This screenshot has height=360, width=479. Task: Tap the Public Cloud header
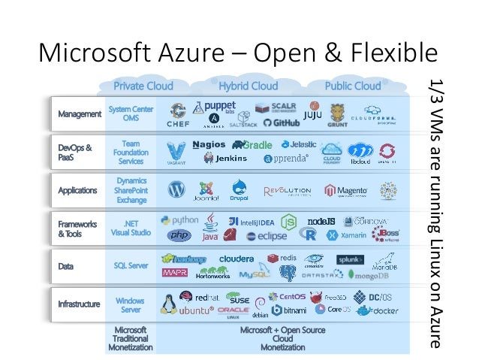353,86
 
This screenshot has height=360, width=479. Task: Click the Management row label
80,114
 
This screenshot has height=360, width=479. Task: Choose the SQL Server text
131,265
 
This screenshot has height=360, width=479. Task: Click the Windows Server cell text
131,304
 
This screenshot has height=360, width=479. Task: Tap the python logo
179,221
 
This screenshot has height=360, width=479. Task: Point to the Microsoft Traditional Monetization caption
130,338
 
